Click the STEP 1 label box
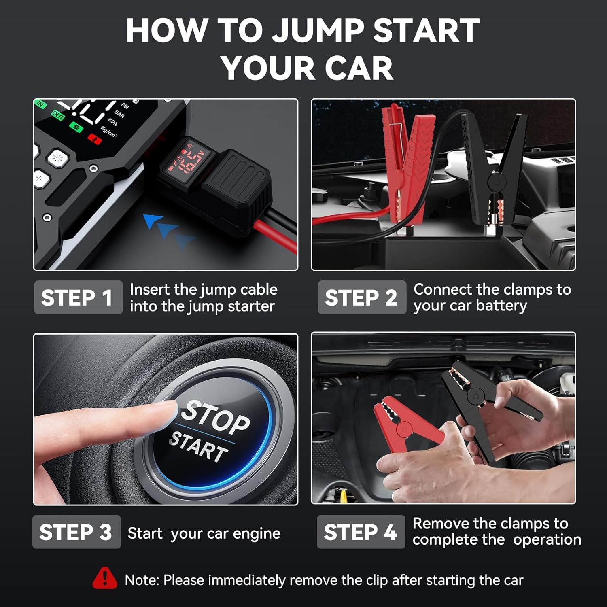click(x=78, y=297)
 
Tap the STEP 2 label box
click(x=362, y=297)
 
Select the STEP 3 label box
click(x=76, y=532)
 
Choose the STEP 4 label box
click(x=361, y=532)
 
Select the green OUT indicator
click(x=58, y=116)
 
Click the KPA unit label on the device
click(x=112, y=122)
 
